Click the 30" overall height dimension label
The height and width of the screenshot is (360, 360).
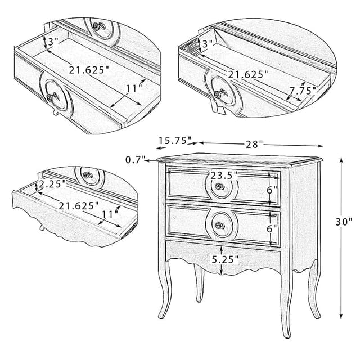tap(344, 222)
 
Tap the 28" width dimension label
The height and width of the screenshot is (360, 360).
tap(254, 145)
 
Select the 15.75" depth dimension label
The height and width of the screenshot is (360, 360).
tap(175, 140)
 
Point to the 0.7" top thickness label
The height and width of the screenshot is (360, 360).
tap(135, 159)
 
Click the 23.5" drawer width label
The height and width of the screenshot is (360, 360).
tap(224, 175)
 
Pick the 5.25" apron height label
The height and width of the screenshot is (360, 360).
tap(225, 259)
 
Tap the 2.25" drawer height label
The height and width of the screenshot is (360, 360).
tap(52, 183)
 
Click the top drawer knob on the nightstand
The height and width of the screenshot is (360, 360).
tap(220, 186)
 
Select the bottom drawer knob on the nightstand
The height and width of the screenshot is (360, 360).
tap(220, 226)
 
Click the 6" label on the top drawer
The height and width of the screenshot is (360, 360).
tap(272, 190)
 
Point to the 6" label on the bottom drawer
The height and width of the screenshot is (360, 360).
tap(272, 228)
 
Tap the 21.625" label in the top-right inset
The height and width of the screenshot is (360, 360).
tap(248, 74)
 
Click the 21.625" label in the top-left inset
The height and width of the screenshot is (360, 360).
tap(89, 70)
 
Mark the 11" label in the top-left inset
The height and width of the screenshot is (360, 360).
tap(134, 88)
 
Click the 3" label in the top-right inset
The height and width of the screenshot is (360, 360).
tap(208, 43)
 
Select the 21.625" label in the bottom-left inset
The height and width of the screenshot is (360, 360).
tap(79, 206)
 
